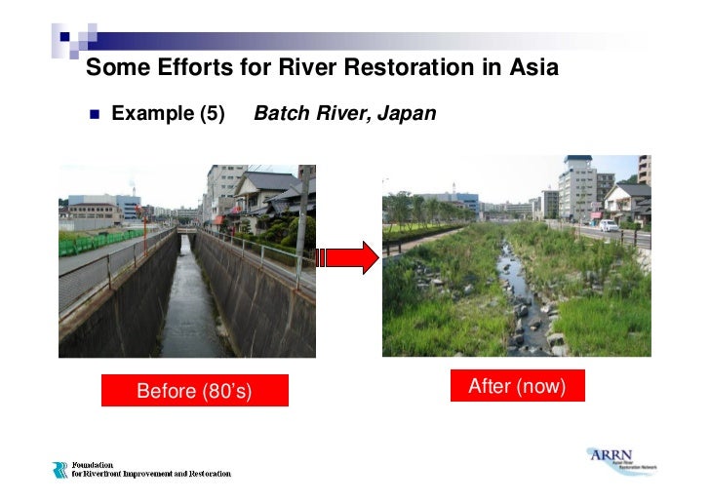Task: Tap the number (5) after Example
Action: (x=212, y=114)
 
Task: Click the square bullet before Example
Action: (x=95, y=115)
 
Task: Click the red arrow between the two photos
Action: (x=349, y=258)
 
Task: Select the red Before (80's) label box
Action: (x=194, y=391)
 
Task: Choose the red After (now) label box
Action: (x=517, y=386)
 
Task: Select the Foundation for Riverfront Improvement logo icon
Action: (x=60, y=470)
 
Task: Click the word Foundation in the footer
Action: (x=93, y=465)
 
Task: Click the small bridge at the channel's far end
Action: (x=186, y=231)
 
